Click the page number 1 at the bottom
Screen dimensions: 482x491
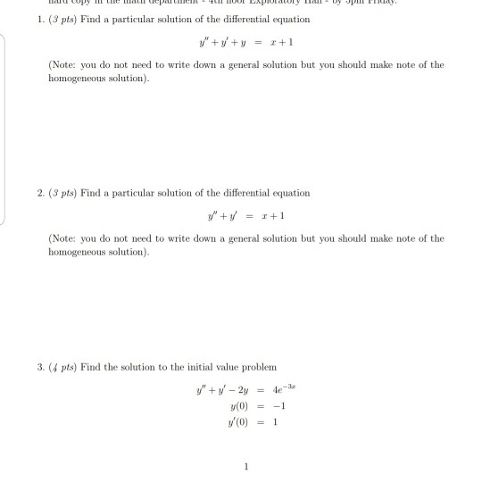click(243, 465)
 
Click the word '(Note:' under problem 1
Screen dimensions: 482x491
click(62, 65)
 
